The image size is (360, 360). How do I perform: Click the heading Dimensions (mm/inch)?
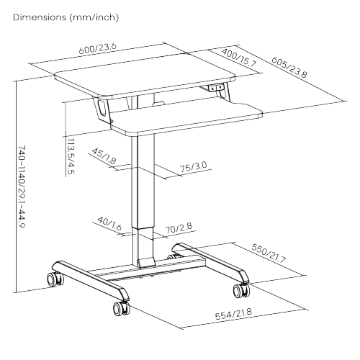[x=66, y=17]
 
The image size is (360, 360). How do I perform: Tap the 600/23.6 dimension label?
[x=98, y=48]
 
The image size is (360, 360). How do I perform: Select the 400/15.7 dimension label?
[x=239, y=58]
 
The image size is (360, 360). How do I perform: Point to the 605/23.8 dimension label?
[x=289, y=67]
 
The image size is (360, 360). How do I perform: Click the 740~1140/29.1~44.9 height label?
[x=22, y=186]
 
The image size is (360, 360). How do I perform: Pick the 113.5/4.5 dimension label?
[x=71, y=157]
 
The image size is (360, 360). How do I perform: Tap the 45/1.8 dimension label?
[x=104, y=156]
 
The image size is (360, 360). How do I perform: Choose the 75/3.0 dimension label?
[x=194, y=167]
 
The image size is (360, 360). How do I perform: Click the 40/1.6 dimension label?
[x=109, y=224]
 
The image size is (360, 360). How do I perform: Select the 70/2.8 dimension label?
[x=179, y=228]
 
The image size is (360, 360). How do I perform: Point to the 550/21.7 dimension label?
[x=269, y=253]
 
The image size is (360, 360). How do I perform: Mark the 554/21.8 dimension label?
[x=233, y=315]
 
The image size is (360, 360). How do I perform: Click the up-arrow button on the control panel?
[x=212, y=89]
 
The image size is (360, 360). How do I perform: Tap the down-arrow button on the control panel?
[x=220, y=87]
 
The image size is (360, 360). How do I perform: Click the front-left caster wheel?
[x=121, y=308]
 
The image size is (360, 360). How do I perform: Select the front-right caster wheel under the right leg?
[x=241, y=290]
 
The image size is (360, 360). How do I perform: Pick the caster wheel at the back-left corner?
[x=55, y=279]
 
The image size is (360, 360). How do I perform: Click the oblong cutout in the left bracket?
[x=102, y=107]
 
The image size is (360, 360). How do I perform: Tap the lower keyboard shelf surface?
[x=187, y=117]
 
